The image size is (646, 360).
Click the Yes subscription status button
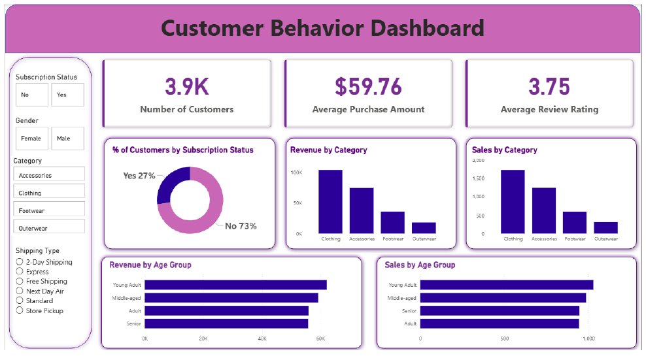coord(67,95)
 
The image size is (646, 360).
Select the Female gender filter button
coord(31,139)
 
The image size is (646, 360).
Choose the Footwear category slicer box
coord(49,210)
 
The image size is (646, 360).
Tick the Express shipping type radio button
coord(20,272)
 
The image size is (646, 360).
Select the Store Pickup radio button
coord(20,311)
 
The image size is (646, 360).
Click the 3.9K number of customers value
coord(186,86)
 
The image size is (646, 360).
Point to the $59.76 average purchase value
coord(368,86)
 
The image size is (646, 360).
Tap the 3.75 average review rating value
coord(549,86)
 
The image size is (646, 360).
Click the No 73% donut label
coord(241,226)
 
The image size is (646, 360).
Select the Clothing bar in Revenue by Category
coord(330,201)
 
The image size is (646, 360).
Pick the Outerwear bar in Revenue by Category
coord(424,228)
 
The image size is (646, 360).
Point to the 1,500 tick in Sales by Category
coord(478,178)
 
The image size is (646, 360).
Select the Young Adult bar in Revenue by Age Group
coord(235,285)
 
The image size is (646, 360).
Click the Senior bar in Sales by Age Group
coord(500,310)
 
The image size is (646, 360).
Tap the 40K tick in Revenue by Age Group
coord(262,339)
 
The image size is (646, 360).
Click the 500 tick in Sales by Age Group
coord(504,339)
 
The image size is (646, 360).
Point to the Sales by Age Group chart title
coord(420,265)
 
